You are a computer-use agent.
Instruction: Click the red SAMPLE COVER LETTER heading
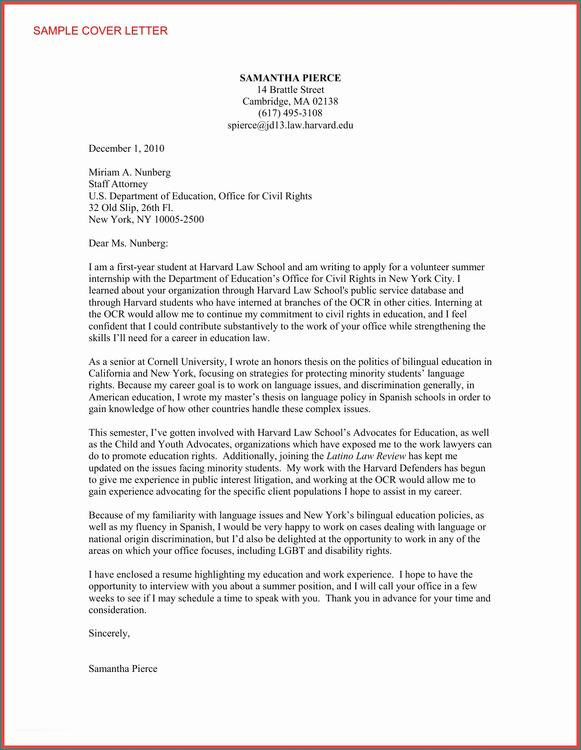[x=100, y=31]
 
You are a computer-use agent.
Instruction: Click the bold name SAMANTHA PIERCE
[x=290, y=78]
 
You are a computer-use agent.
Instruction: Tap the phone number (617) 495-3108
[x=290, y=113]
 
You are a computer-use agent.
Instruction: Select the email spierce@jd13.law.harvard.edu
[x=290, y=125]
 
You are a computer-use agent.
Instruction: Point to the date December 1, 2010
[x=126, y=149]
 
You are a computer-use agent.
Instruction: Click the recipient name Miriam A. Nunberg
[x=129, y=172]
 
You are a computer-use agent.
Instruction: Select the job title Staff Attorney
[x=118, y=184]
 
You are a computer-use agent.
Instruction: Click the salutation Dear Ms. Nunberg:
[x=128, y=243]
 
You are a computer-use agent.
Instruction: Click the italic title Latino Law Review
[x=366, y=456]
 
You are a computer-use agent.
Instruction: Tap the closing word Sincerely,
[x=109, y=633]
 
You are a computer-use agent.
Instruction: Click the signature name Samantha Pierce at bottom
[x=122, y=669]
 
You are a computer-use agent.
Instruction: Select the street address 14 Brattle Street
[x=290, y=90]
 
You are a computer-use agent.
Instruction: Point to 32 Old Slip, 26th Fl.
[x=131, y=208]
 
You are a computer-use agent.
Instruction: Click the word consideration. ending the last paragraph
[x=117, y=610]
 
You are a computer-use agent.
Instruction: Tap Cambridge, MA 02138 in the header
[x=290, y=101]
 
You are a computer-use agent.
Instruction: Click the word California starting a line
[x=109, y=373]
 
